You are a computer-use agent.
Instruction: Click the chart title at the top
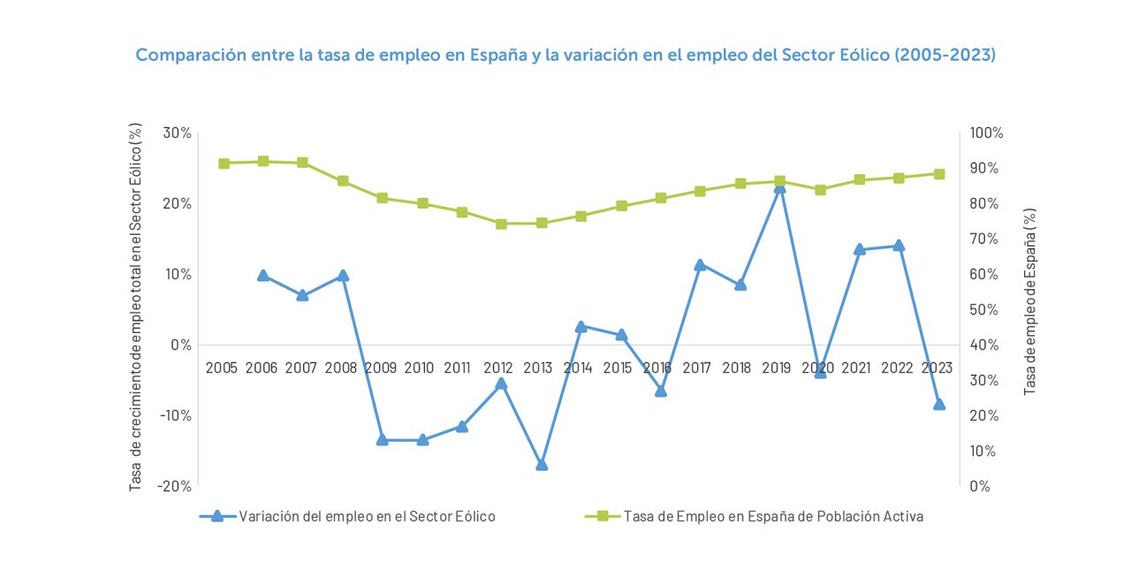(x=565, y=55)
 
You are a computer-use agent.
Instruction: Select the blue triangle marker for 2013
(x=542, y=464)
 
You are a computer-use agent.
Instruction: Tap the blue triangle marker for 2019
(x=780, y=186)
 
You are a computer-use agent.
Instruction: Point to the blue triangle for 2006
(x=263, y=275)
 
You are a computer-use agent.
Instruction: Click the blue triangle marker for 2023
(x=939, y=404)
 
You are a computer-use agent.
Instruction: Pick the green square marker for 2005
(x=224, y=163)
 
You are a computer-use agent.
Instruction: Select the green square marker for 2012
(x=501, y=224)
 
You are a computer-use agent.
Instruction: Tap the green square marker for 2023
(x=939, y=174)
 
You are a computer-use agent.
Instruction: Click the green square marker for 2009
(x=383, y=198)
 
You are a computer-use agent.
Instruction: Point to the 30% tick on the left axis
(x=176, y=133)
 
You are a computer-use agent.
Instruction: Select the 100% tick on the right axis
(x=986, y=133)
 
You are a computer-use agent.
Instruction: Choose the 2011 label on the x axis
(x=458, y=368)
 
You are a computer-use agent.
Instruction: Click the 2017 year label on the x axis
(x=697, y=368)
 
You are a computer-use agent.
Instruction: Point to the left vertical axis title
(x=136, y=309)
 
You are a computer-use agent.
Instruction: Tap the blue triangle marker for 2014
(x=581, y=327)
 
